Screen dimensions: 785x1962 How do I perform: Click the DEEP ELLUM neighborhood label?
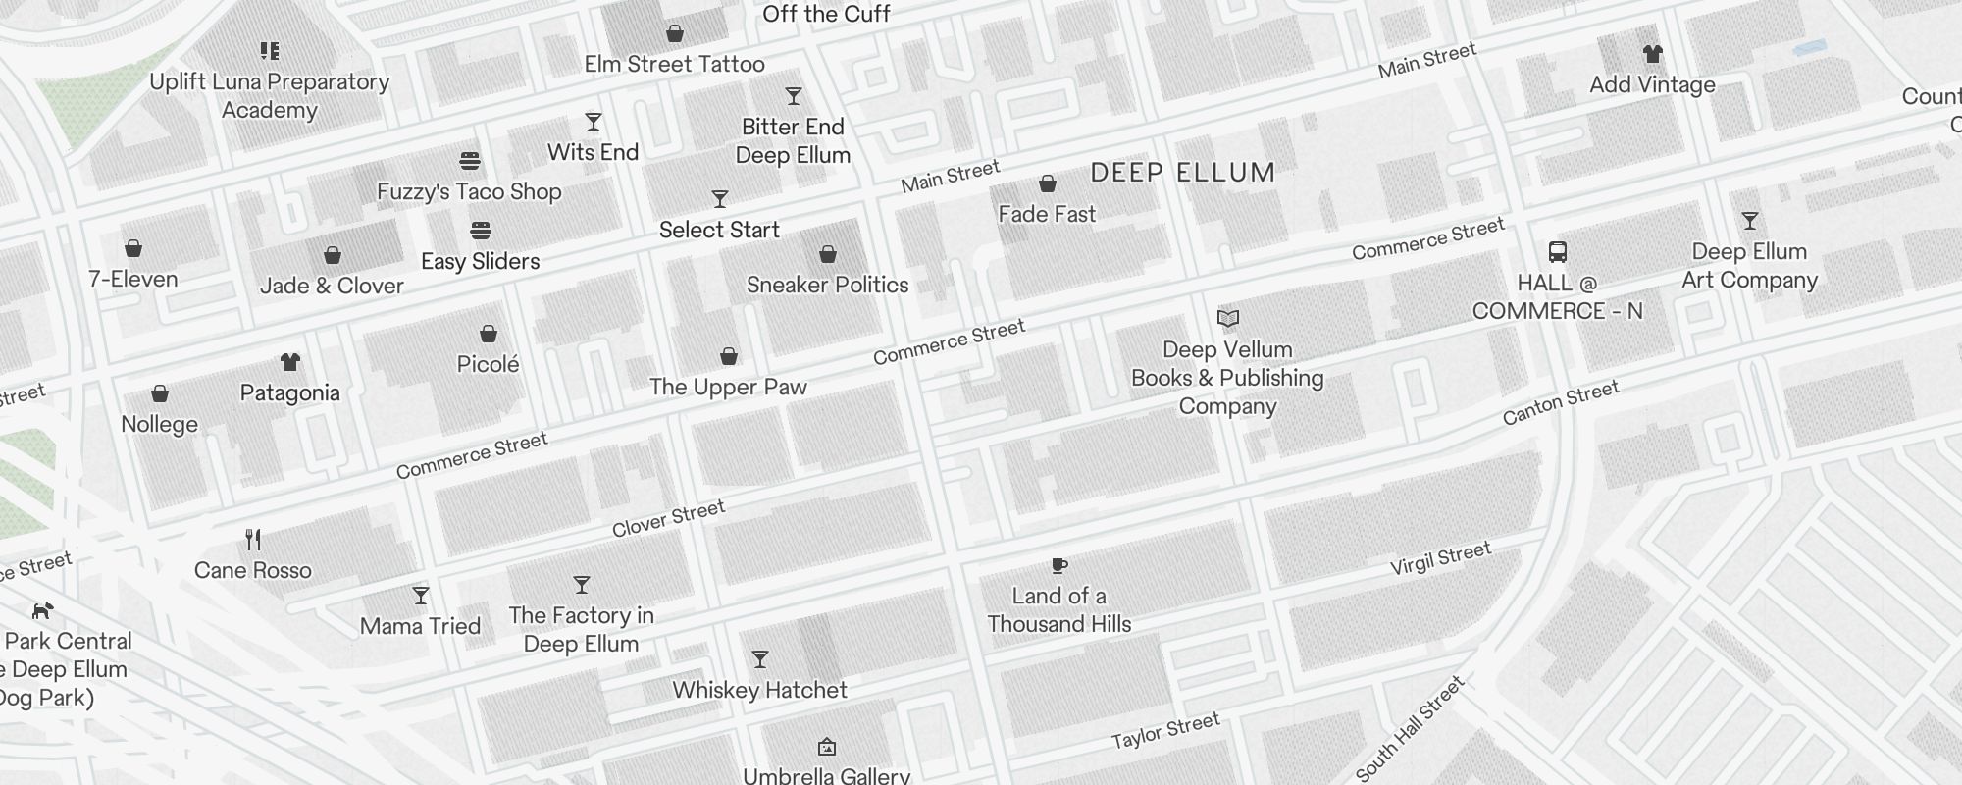(1182, 173)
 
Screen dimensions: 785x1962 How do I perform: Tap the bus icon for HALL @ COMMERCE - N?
(1557, 252)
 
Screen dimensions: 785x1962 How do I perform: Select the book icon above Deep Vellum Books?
(1227, 318)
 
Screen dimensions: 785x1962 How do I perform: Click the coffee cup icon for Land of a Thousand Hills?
(1058, 565)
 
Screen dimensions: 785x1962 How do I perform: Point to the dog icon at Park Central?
(41, 610)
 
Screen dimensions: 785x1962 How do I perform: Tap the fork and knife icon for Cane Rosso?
(253, 539)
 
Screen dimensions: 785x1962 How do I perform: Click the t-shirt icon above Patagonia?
(289, 362)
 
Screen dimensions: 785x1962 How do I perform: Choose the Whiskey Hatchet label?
(759, 690)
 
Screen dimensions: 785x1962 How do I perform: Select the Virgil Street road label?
(1440, 558)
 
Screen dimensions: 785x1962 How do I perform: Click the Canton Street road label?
(1560, 402)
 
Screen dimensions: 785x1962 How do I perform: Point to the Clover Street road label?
(668, 518)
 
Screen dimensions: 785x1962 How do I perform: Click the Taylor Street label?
(1164, 731)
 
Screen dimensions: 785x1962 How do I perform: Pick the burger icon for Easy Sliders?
(480, 231)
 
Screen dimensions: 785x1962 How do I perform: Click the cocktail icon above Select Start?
(719, 199)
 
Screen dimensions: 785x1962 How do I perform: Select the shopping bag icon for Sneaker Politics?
(827, 254)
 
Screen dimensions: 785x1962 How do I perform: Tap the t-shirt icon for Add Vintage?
(1652, 54)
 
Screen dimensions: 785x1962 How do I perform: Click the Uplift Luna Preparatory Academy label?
(269, 95)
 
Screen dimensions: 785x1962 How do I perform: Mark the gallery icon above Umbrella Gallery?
(826, 747)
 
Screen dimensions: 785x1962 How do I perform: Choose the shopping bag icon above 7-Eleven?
(133, 248)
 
